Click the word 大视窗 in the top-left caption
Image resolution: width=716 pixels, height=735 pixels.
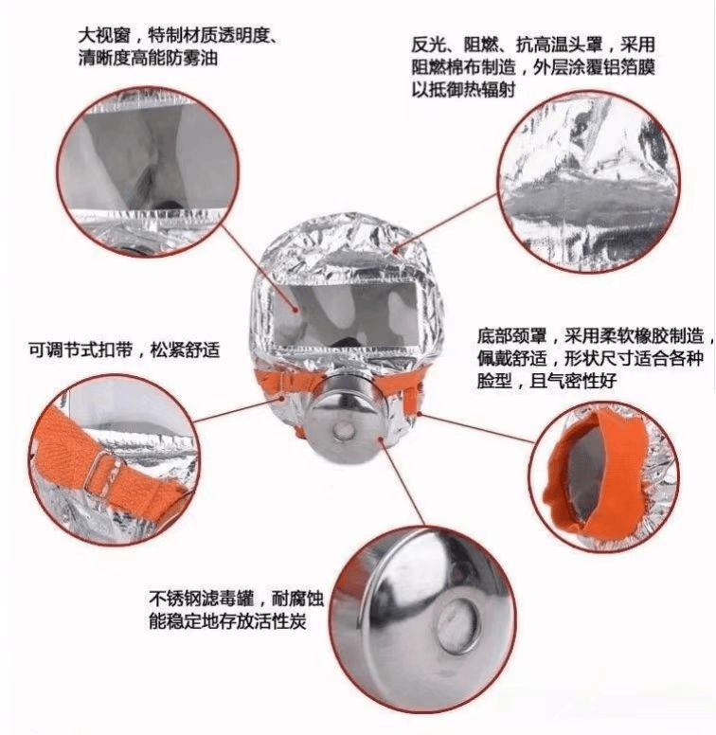(104, 36)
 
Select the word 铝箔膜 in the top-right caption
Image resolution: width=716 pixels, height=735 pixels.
(629, 67)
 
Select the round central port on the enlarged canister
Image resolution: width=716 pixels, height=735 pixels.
(458, 626)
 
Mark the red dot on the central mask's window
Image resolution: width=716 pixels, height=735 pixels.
(295, 309)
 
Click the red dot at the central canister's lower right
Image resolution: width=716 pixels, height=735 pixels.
(381, 439)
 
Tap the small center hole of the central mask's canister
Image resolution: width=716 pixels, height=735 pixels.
(344, 429)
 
